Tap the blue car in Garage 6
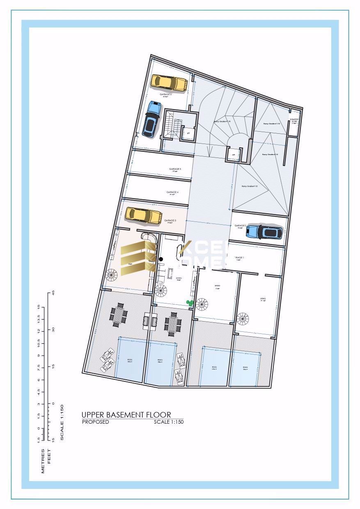click(x=151, y=119)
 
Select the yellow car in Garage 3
click(x=144, y=215)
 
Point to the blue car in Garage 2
click(x=265, y=232)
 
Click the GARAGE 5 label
click(x=175, y=169)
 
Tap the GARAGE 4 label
click(x=172, y=192)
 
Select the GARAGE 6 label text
click(x=166, y=94)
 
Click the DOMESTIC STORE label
click(x=294, y=121)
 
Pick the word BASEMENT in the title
click(x=125, y=415)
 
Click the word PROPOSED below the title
click(x=96, y=422)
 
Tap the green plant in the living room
click(x=190, y=303)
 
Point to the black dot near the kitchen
click(x=161, y=259)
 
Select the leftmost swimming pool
click(x=131, y=361)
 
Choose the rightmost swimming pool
click(x=245, y=368)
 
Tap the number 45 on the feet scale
click(x=53, y=293)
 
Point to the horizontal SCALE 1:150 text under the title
click(x=168, y=422)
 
